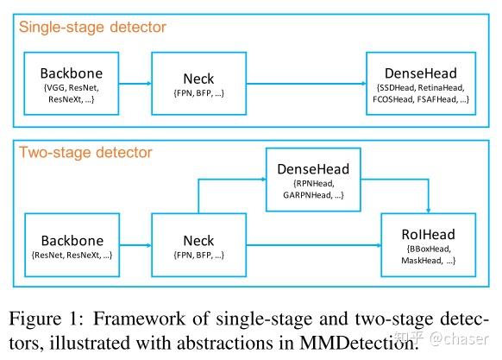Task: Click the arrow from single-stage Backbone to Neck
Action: [x=135, y=83]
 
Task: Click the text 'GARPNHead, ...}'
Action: [x=311, y=198]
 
